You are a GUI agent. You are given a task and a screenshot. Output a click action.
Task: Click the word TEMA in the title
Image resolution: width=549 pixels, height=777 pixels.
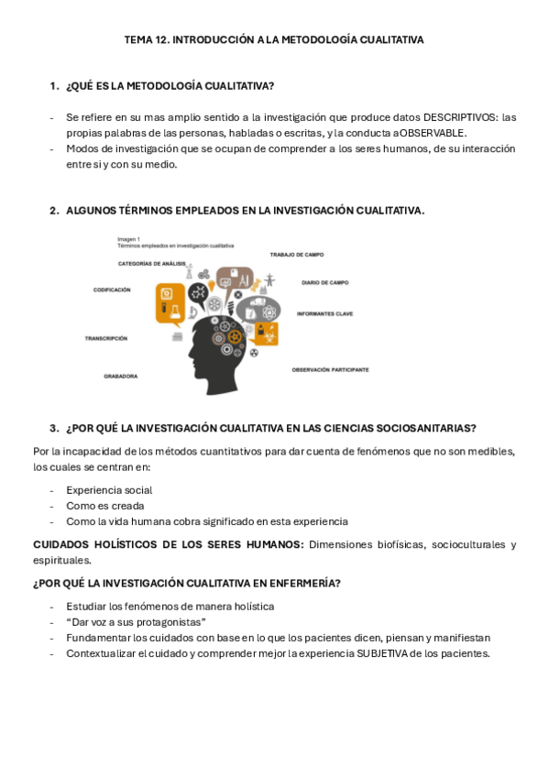137,40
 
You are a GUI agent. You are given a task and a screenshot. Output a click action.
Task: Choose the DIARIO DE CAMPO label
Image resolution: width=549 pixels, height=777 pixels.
324,282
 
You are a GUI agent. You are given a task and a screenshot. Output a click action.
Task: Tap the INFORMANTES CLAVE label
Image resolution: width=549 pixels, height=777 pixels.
324,313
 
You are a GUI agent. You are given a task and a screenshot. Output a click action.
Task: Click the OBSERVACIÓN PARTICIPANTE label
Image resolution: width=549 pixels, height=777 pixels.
330,369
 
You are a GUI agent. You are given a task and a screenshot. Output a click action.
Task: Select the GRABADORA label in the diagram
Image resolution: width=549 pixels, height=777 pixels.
121,376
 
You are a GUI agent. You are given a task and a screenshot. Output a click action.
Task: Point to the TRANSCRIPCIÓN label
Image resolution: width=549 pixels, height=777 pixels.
106,338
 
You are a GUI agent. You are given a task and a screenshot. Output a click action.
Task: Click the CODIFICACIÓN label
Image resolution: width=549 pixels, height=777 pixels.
112,290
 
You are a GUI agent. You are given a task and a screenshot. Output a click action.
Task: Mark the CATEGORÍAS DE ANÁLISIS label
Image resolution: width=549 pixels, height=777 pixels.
152,263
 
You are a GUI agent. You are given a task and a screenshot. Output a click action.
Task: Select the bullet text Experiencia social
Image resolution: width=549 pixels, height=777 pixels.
109,490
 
